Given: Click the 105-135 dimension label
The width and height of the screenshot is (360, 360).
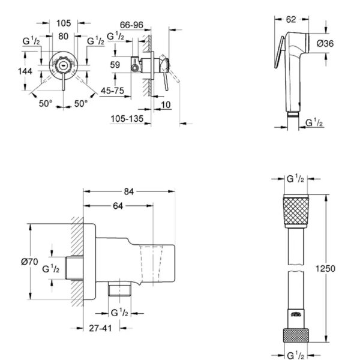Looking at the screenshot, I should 127,119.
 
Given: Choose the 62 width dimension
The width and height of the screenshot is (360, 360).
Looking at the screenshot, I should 290,19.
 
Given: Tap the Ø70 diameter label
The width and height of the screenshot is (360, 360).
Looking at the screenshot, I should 30,262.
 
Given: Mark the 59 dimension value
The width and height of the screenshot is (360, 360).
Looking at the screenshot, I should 116,65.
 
